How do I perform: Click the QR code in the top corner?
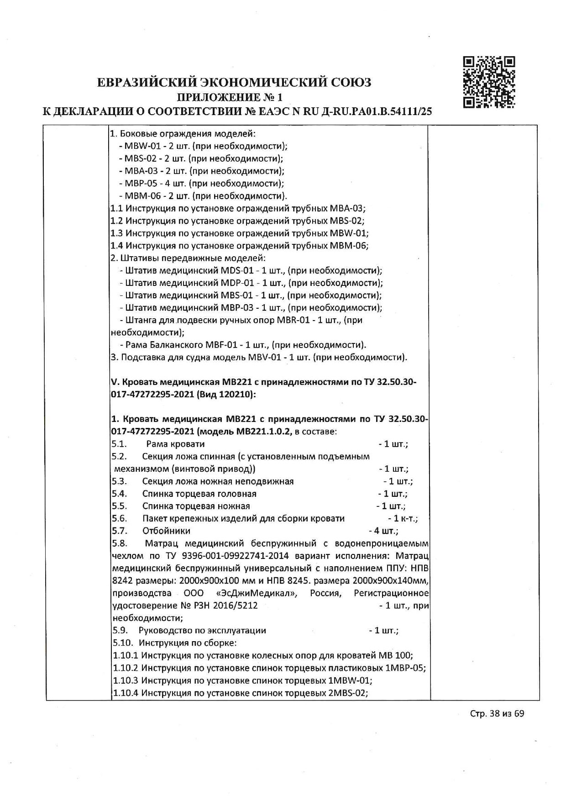[x=489, y=82]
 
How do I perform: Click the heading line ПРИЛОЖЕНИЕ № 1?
[x=230, y=97]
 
